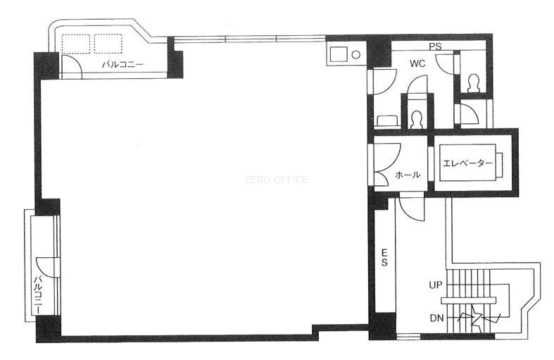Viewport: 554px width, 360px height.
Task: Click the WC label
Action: (417, 63)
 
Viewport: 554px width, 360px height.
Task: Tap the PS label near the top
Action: (435, 46)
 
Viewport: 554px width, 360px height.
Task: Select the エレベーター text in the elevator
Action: (467, 163)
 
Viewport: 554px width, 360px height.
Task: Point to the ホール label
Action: (408, 174)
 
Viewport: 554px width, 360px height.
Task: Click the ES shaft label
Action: (384, 257)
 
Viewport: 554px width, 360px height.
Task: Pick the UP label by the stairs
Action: (435, 285)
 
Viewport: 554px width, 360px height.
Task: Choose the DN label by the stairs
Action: (436, 318)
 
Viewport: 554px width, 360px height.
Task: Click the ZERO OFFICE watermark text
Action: (276, 180)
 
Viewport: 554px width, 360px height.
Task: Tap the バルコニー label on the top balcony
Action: (122, 64)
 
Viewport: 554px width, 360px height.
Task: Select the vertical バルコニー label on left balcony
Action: (38, 295)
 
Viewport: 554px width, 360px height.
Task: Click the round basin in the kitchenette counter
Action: (356, 55)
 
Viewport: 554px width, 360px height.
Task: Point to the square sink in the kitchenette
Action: (339, 54)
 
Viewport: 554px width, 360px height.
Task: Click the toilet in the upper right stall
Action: (472, 83)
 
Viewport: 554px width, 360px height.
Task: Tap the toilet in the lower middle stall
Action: (417, 120)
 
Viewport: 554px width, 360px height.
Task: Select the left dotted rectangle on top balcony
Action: (76, 44)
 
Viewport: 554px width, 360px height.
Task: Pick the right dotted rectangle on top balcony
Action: (108, 44)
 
